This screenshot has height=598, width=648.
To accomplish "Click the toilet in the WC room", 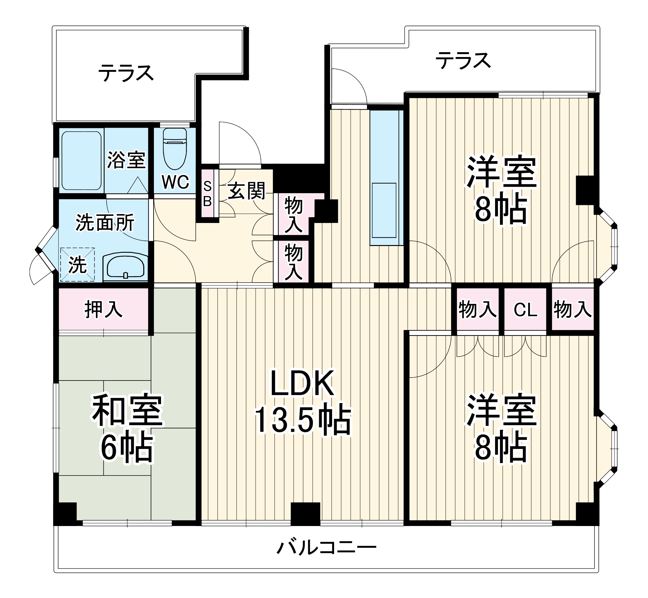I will (x=175, y=149).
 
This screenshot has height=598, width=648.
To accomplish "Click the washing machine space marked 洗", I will (x=77, y=265).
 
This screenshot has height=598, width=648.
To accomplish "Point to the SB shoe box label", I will (x=207, y=194).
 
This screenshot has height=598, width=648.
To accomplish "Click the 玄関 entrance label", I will (x=247, y=191).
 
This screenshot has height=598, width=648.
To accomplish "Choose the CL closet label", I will (x=525, y=310).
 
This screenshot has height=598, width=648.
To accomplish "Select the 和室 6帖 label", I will (x=127, y=428).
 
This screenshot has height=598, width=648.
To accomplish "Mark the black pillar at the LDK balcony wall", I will (x=305, y=514).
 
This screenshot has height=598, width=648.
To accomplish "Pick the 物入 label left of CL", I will (x=477, y=310).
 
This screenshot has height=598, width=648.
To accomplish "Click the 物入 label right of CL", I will (x=573, y=310).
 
